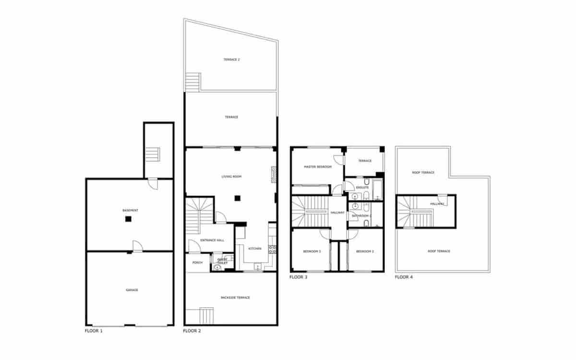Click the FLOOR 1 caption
93,331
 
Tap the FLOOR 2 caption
192,331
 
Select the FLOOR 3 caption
299,277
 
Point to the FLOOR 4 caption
404,277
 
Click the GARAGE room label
132,290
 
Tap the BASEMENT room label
130,210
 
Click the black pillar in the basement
128,219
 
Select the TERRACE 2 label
231,60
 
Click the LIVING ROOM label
231,177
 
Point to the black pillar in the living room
237,198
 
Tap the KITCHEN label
254,248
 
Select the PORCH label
197,263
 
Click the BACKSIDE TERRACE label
235,298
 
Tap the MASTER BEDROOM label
318,167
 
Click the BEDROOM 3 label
312,252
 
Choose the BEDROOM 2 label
365,252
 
